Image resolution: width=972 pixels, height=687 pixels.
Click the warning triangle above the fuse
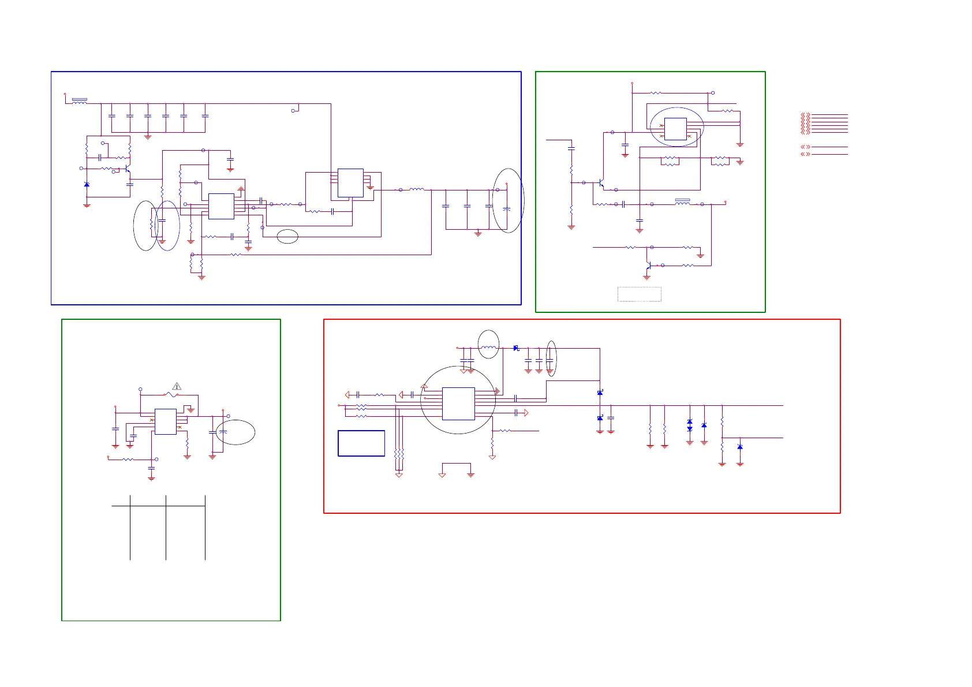(x=177, y=386)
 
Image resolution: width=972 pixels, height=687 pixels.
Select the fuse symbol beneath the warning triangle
(x=171, y=395)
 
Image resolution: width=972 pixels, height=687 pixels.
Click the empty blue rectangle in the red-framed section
(x=361, y=443)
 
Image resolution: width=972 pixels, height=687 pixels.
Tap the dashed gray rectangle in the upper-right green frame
(x=640, y=294)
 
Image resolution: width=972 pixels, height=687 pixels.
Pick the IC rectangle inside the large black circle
(x=458, y=404)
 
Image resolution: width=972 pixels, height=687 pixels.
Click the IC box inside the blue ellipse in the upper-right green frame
(x=675, y=129)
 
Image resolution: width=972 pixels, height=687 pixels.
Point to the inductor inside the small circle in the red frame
(x=488, y=348)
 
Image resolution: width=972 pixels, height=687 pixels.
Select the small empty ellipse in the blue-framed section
(x=287, y=236)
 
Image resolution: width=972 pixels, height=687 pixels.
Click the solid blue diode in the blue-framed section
(x=87, y=184)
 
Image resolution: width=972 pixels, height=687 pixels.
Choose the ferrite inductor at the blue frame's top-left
(x=80, y=101)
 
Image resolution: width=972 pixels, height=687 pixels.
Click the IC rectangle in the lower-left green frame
(x=166, y=421)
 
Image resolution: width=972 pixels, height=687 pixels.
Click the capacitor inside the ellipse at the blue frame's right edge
(x=507, y=208)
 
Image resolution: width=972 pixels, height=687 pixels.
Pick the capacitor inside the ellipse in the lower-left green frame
(x=223, y=432)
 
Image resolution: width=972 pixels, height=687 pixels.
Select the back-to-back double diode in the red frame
(x=690, y=425)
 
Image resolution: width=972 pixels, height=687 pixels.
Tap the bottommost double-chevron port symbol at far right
(x=805, y=154)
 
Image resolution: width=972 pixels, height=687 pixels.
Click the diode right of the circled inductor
(x=516, y=348)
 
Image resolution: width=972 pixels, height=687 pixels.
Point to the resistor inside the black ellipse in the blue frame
(x=152, y=226)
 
